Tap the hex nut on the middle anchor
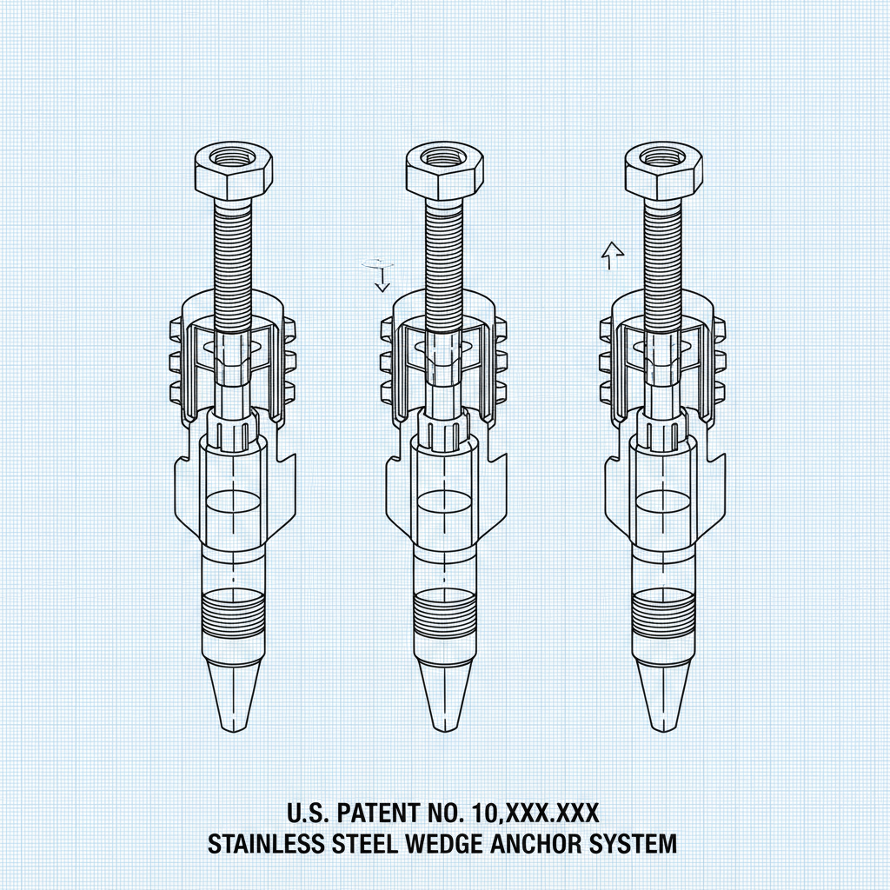click(443, 169)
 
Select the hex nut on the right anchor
click(662, 169)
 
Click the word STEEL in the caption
click(360, 843)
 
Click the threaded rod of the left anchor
click(232, 252)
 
